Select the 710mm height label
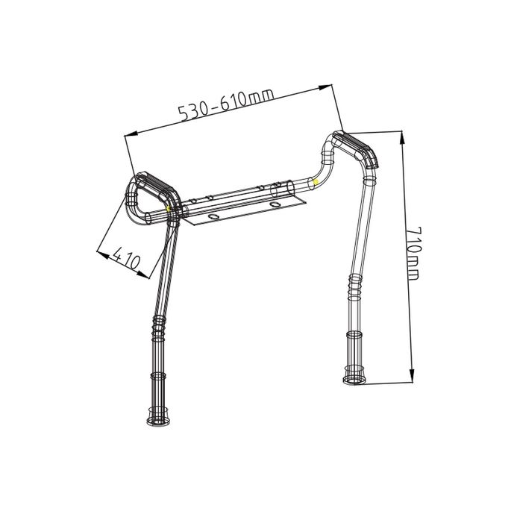pos(413,254)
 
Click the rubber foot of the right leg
pos(355,377)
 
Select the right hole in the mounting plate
pos(278,204)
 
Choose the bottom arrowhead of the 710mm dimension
pos(412,379)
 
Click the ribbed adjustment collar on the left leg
pos(157,325)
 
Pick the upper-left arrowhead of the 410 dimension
pos(101,251)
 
